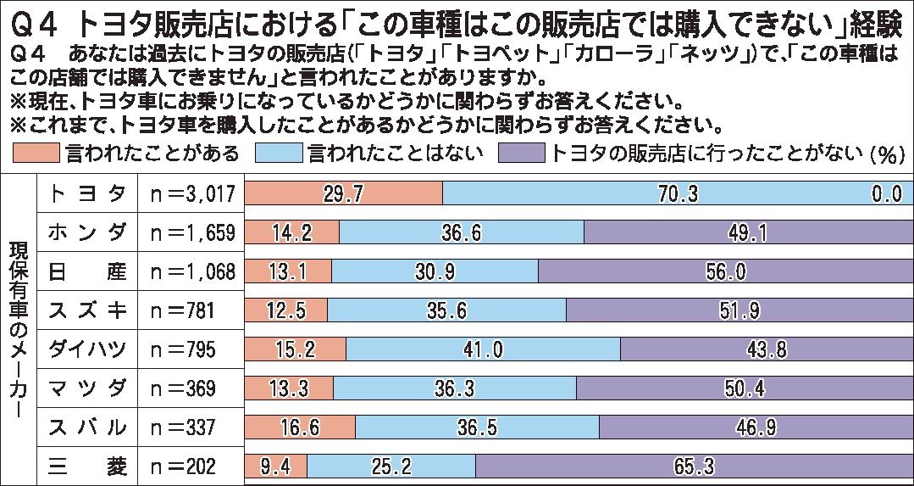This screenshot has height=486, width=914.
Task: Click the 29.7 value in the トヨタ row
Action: click(x=343, y=194)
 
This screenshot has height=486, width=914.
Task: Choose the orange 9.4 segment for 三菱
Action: click(x=275, y=466)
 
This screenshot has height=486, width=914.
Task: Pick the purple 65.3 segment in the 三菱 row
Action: click(x=694, y=466)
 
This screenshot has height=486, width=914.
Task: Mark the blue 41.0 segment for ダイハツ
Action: click(x=483, y=349)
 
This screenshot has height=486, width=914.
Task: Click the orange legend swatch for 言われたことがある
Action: click(x=37, y=154)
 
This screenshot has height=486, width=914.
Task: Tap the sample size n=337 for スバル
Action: click(x=182, y=427)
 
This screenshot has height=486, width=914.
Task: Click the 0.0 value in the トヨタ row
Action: click(x=886, y=194)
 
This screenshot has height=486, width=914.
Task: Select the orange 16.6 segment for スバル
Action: click(x=300, y=427)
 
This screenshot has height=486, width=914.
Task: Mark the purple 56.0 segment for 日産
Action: click(x=725, y=271)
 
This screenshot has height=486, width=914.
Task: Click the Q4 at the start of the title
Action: click(x=33, y=21)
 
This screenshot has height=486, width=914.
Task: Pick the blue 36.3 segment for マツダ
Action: click(x=454, y=388)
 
